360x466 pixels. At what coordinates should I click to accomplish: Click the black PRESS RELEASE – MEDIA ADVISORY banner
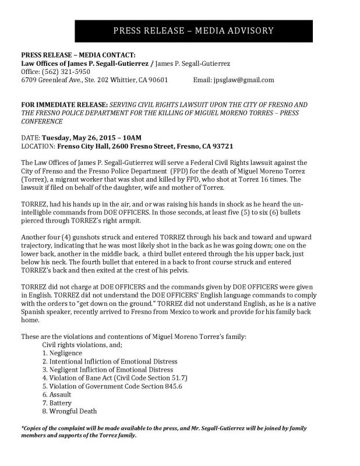(x=193, y=31)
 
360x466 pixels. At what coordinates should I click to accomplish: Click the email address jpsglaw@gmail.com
(x=243, y=80)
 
